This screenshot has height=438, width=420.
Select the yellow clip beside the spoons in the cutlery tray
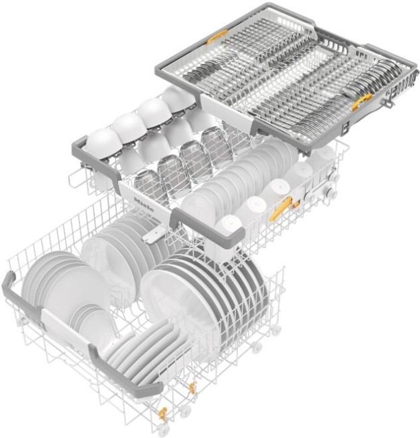(362, 100)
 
